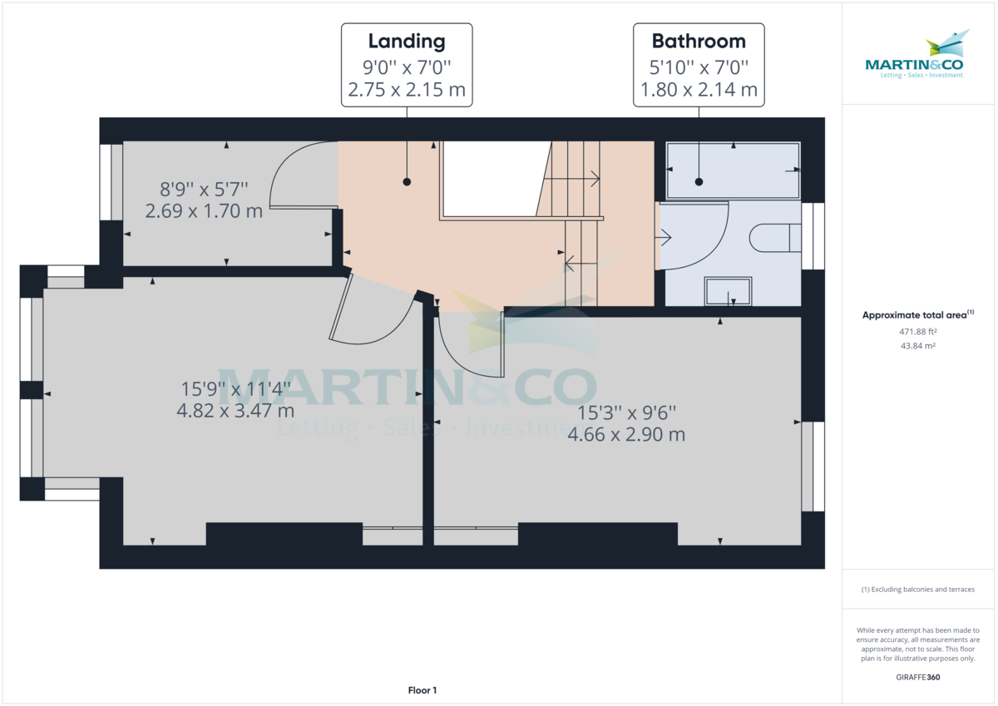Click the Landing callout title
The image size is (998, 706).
point(407,41)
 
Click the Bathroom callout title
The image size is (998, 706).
point(698,41)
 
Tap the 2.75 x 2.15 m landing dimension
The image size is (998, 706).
point(407,90)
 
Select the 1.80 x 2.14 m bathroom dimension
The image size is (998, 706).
point(698,90)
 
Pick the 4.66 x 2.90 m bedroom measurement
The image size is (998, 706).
point(625,433)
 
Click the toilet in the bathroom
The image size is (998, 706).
point(773,239)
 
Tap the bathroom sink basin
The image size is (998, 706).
point(729,292)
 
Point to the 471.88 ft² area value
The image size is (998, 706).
point(918,331)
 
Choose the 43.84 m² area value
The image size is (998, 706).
point(918,345)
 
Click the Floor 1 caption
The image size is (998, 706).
point(422,690)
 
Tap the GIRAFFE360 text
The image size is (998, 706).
point(918,677)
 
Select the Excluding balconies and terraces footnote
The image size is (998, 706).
point(918,590)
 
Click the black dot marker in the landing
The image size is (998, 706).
point(407,181)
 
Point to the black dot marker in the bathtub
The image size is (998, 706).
point(699,181)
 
